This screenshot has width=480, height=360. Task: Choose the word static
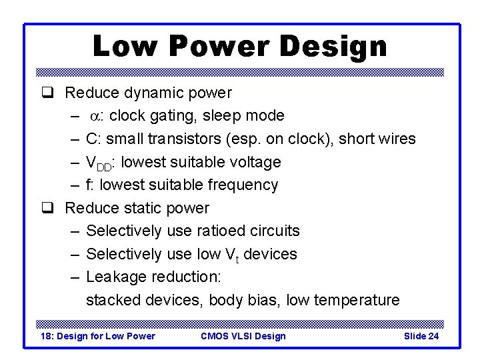[145, 208]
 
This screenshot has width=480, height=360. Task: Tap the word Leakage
[117, 277]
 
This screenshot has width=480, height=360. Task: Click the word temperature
[351, 301]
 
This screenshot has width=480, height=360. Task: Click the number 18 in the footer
[47, 336]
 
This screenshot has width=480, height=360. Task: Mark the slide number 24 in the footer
[432, 336]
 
